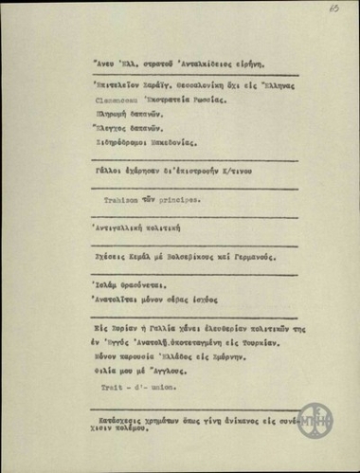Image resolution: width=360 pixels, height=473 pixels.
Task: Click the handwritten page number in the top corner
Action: pyautogui.click(x=334, y=8)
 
